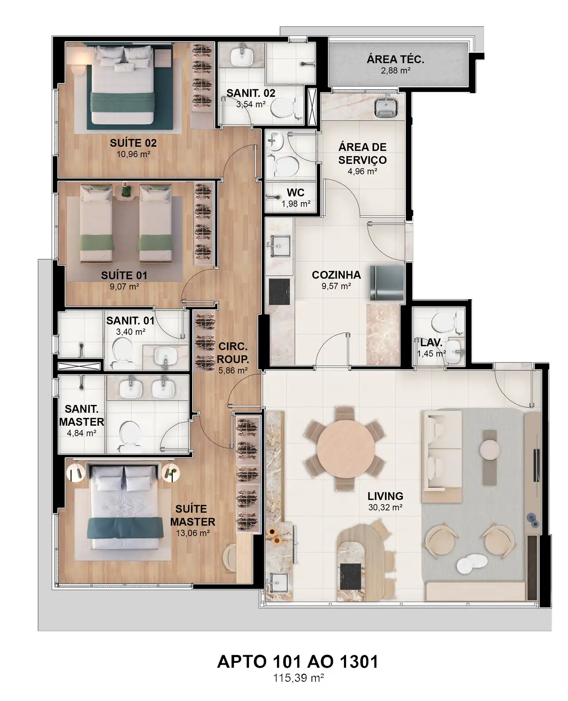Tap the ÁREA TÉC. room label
(x=395, y=59)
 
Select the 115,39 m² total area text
(x=298, y=677)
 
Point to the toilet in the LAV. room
(x=447, y=322)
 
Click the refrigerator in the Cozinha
(x=387, y=283)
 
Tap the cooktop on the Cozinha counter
(x=279, y=292)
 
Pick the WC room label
(x=296, y=193)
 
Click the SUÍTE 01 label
(x=124, y=275)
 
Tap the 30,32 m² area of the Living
(x=385, y=507)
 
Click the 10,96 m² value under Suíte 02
(x=133, y=154)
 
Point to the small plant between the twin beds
(x=126, y=190)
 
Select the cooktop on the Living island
(x=350, y=576)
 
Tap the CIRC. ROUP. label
(x=233, y=353)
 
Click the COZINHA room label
(x=336, y=275)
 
